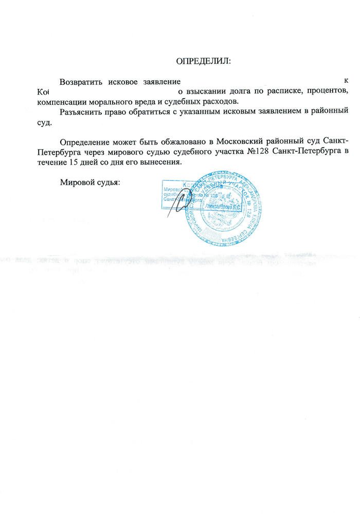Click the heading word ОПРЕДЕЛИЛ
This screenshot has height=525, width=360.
pos(204,61)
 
